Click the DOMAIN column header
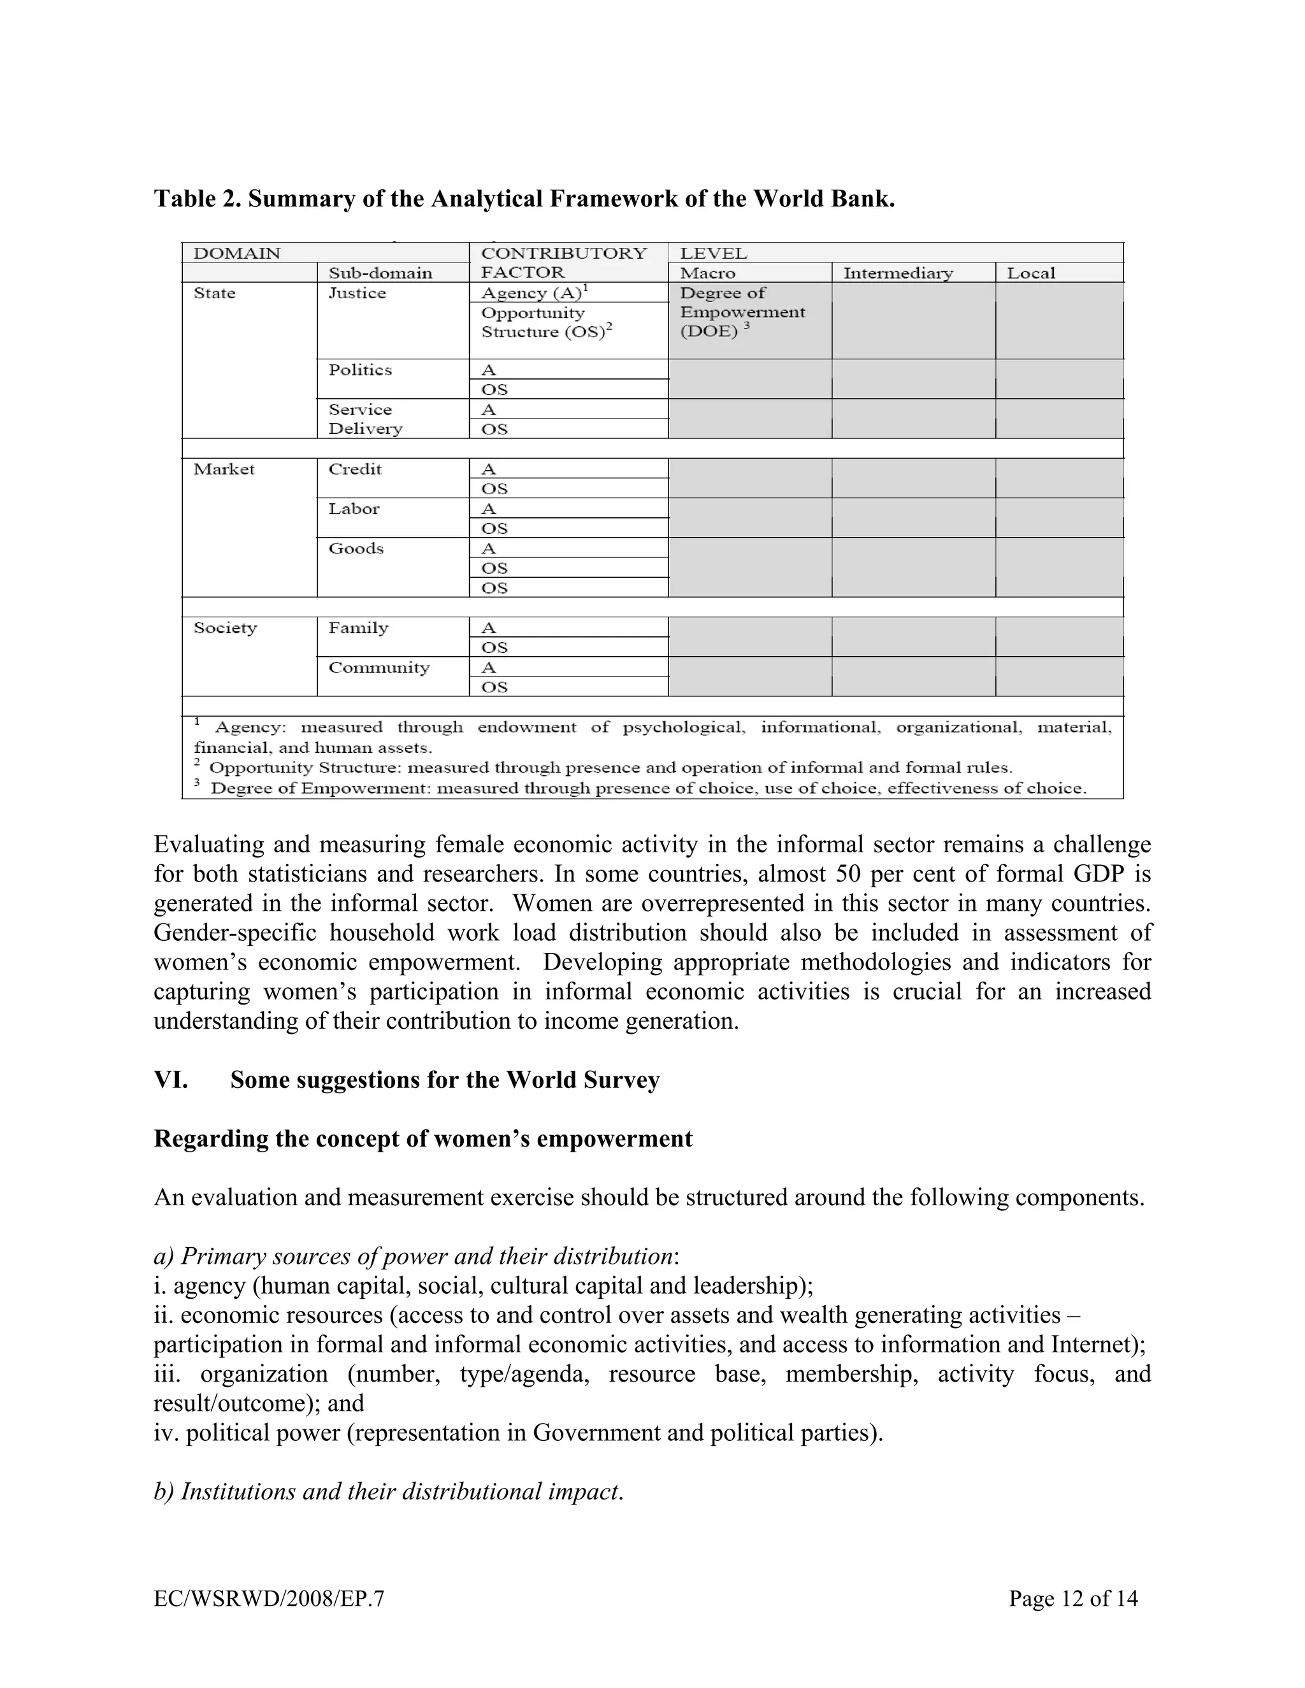(x=236, y=254)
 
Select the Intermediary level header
(x=898, y=273)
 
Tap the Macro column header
(x=707, y=273)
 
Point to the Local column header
(x=1030, y=273)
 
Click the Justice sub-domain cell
(x=357, y=293)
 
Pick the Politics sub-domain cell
(x=360, y=370)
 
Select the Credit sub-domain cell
(x=355, y=469)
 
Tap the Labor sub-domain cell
(x=354, y=508)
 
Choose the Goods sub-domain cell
(x=356, y=548)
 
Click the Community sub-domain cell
(x=379, y=668)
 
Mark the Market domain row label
(x=224, y=469)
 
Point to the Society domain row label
(x=225, y=627)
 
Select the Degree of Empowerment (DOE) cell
(x=742, y=312)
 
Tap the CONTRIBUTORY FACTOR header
(x=563, y=263)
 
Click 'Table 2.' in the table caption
(x=197, y=199)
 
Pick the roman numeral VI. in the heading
(x=171, y=1080)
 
